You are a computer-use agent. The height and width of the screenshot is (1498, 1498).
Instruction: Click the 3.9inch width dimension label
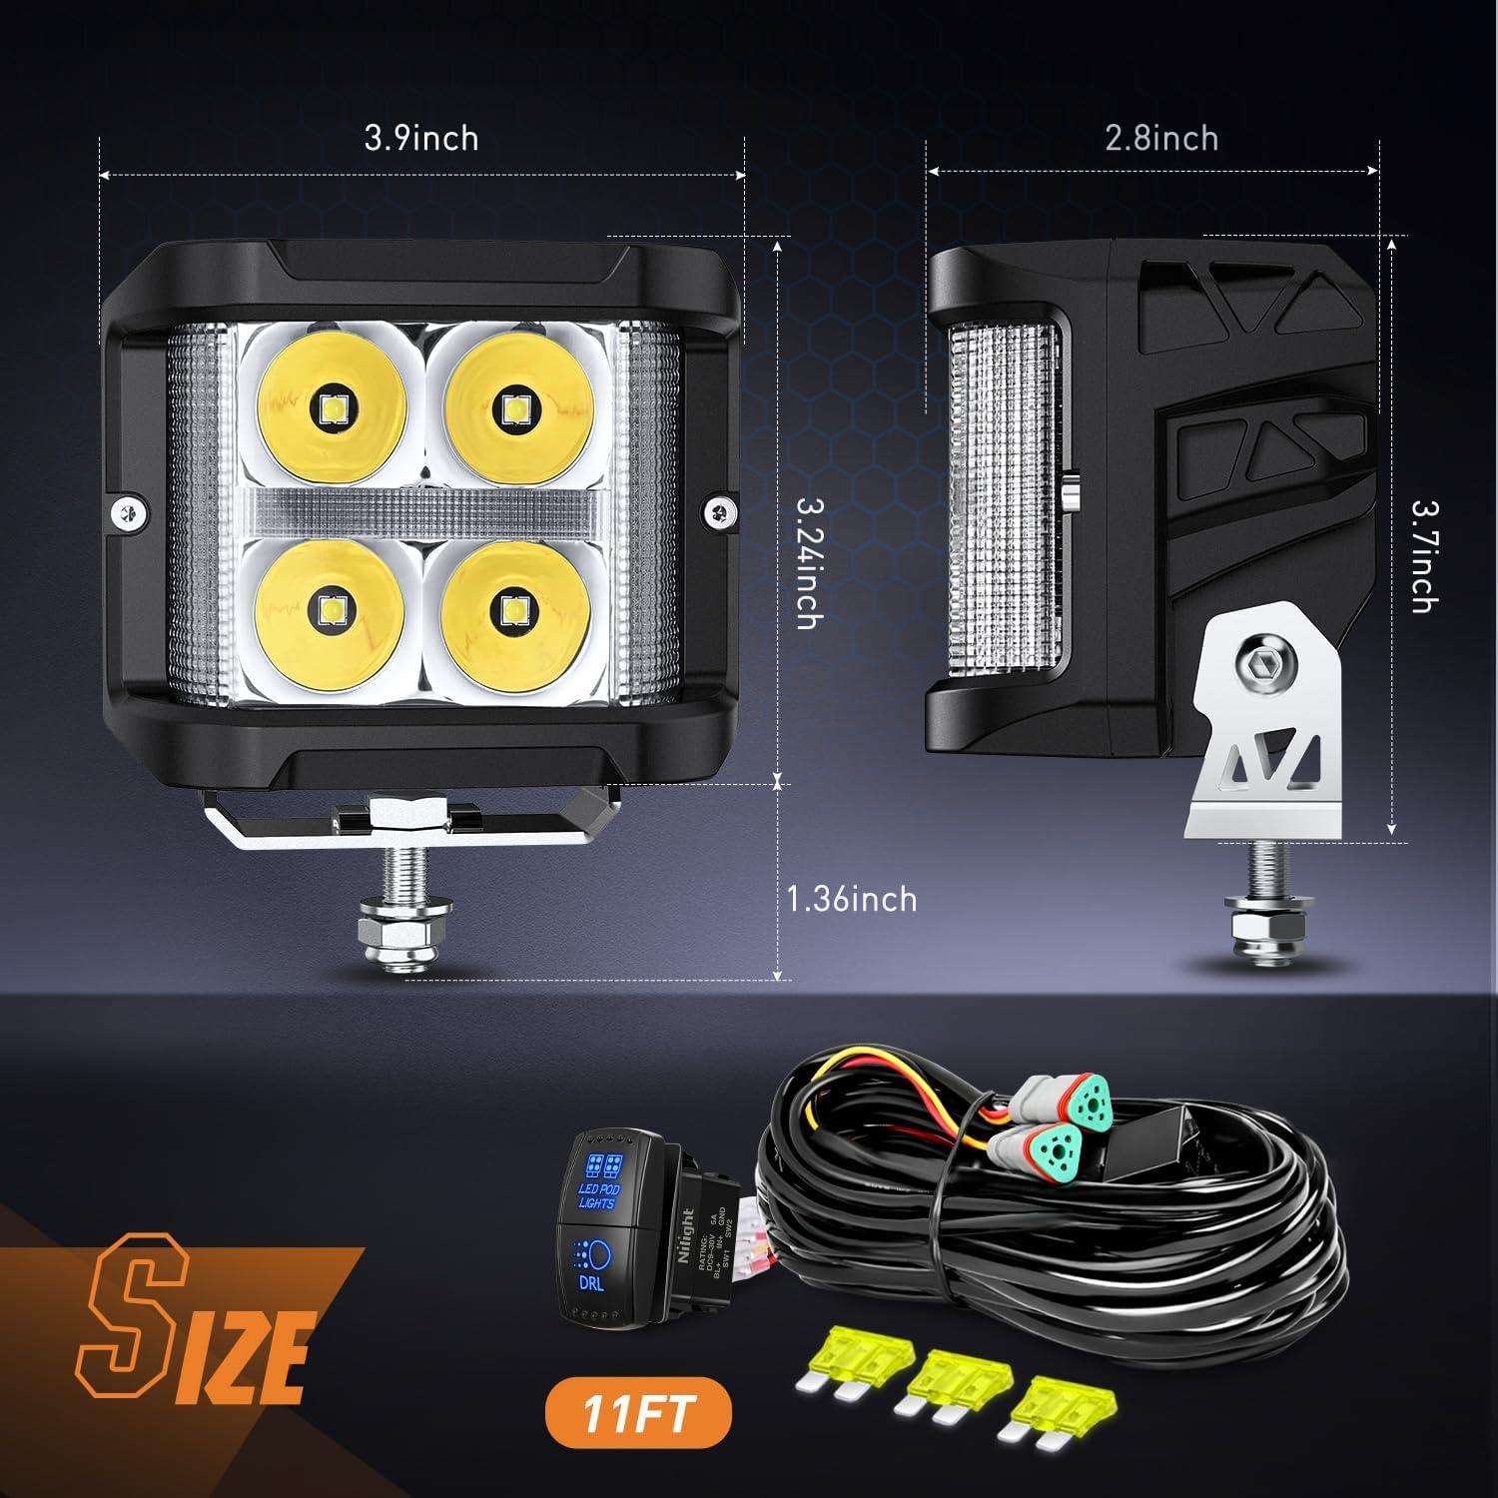(x=420, y=138)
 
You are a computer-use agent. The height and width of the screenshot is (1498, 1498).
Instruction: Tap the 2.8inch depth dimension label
(x=1161, y=138)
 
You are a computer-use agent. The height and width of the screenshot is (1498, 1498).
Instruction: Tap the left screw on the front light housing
(x=127, y=510)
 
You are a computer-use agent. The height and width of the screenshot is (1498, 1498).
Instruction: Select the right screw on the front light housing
(x=720, y=510)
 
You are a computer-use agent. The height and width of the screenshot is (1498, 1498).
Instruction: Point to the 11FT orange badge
(x=637, y=1414)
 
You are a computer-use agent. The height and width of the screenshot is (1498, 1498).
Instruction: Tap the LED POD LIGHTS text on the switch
(x=597, y=1194)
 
